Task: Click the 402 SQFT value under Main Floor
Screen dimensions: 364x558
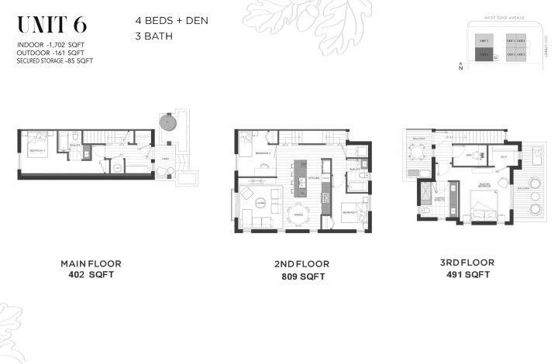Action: pos(91,275)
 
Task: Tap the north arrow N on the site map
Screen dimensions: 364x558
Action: pos(460,68)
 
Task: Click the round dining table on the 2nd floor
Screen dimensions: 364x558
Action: pos(297,215)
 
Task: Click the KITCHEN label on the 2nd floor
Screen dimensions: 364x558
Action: pos(315,177)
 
